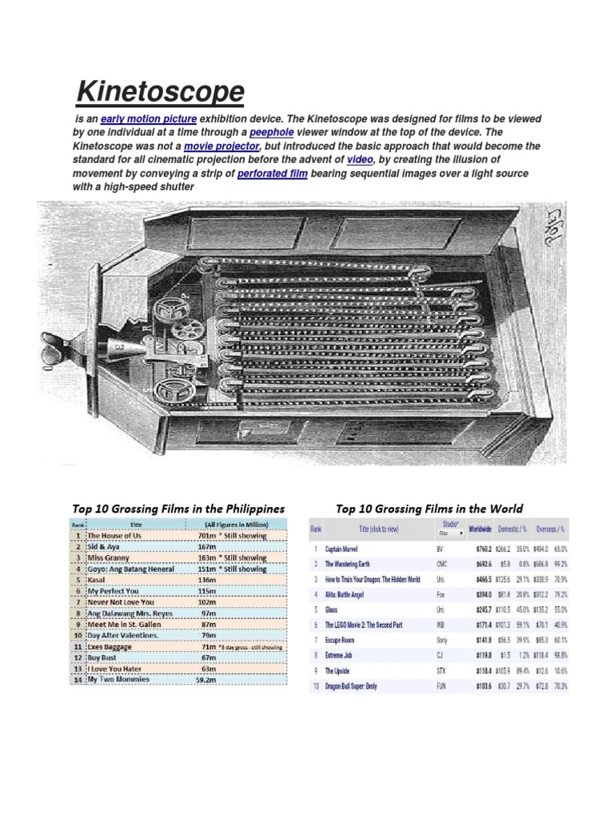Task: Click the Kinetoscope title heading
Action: click(160, 91)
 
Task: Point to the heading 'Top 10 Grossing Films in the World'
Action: click(430, 508)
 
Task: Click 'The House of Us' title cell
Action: click(121, 535)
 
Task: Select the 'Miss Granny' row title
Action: click(111, 557)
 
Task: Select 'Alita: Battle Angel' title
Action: click(357, 594)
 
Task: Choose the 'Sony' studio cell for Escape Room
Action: click(444, 641)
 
